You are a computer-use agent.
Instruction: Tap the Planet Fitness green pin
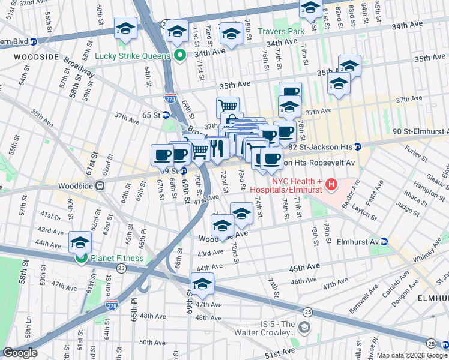tap(80, 259)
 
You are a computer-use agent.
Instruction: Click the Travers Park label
tap(282, 31)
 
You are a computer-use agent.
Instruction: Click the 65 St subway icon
tap(165, 115)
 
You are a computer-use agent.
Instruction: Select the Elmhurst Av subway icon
tap(384, 242)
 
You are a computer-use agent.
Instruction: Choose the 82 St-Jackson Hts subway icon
tap(357, 147)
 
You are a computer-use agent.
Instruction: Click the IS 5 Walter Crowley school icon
tap(304, 327)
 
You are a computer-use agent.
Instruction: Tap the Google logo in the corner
tap(20, 353)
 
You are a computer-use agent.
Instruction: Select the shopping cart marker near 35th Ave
tap(228, 107)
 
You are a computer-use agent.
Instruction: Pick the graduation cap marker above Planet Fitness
tap(80, 242)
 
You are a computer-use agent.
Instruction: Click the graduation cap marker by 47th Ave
tap(203, 284)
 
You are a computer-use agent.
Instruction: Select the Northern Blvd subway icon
tap(34, 42)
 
